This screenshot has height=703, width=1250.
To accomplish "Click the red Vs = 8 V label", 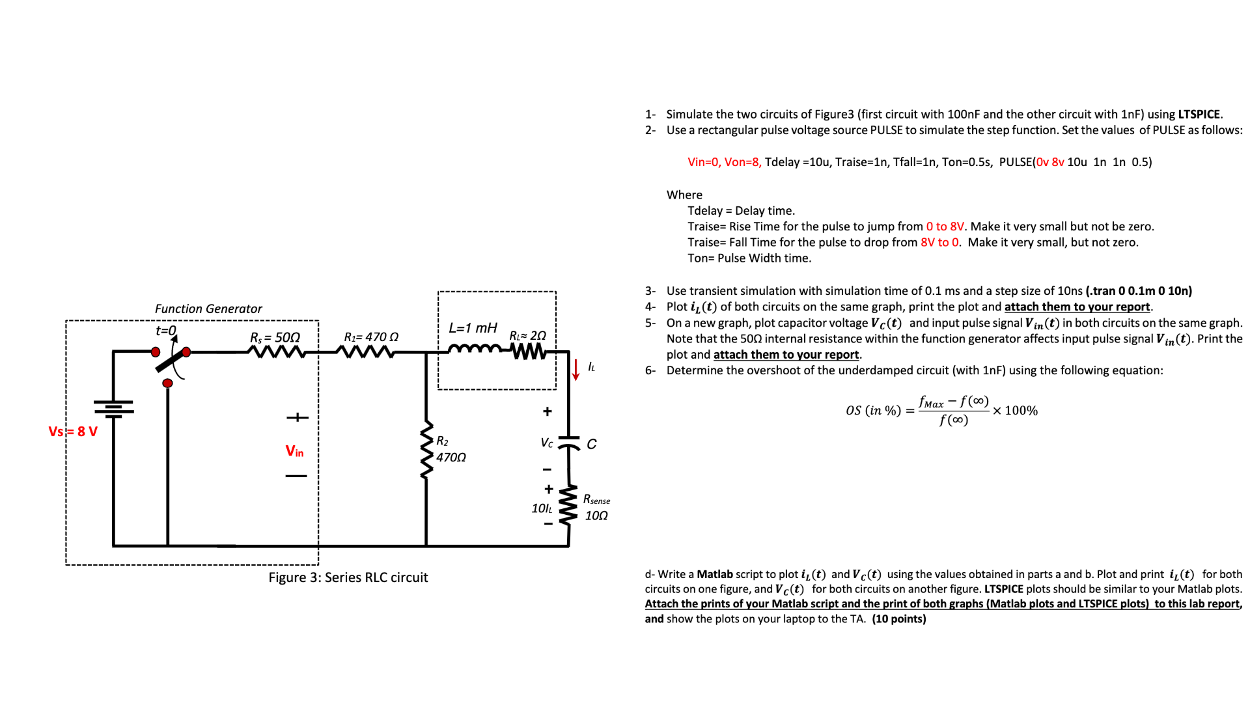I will pos(73,432).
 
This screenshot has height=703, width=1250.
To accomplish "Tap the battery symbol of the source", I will pos(114,407).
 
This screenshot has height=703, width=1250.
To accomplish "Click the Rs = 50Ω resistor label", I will pos(275,337).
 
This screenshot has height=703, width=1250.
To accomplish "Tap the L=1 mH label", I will pos(473,328).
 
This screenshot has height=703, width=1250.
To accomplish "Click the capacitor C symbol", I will pos(569,443).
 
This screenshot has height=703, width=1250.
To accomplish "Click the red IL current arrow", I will pos(576,369).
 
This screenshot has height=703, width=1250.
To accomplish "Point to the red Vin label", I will pos(294,451).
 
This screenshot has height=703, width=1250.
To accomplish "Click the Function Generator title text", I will pos(208,309).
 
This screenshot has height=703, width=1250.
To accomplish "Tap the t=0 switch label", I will pos(166,331).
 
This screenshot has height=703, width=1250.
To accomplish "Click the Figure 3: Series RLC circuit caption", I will pos(348,577).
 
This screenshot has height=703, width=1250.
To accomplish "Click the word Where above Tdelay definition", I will pos(684,195).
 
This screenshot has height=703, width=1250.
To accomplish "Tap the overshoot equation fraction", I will pos(953,411).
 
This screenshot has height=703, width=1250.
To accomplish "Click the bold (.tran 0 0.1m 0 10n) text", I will pos(1139,291).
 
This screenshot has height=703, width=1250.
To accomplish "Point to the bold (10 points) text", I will pos(899,619).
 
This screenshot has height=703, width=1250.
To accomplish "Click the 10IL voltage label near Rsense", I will pos(542,508).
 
